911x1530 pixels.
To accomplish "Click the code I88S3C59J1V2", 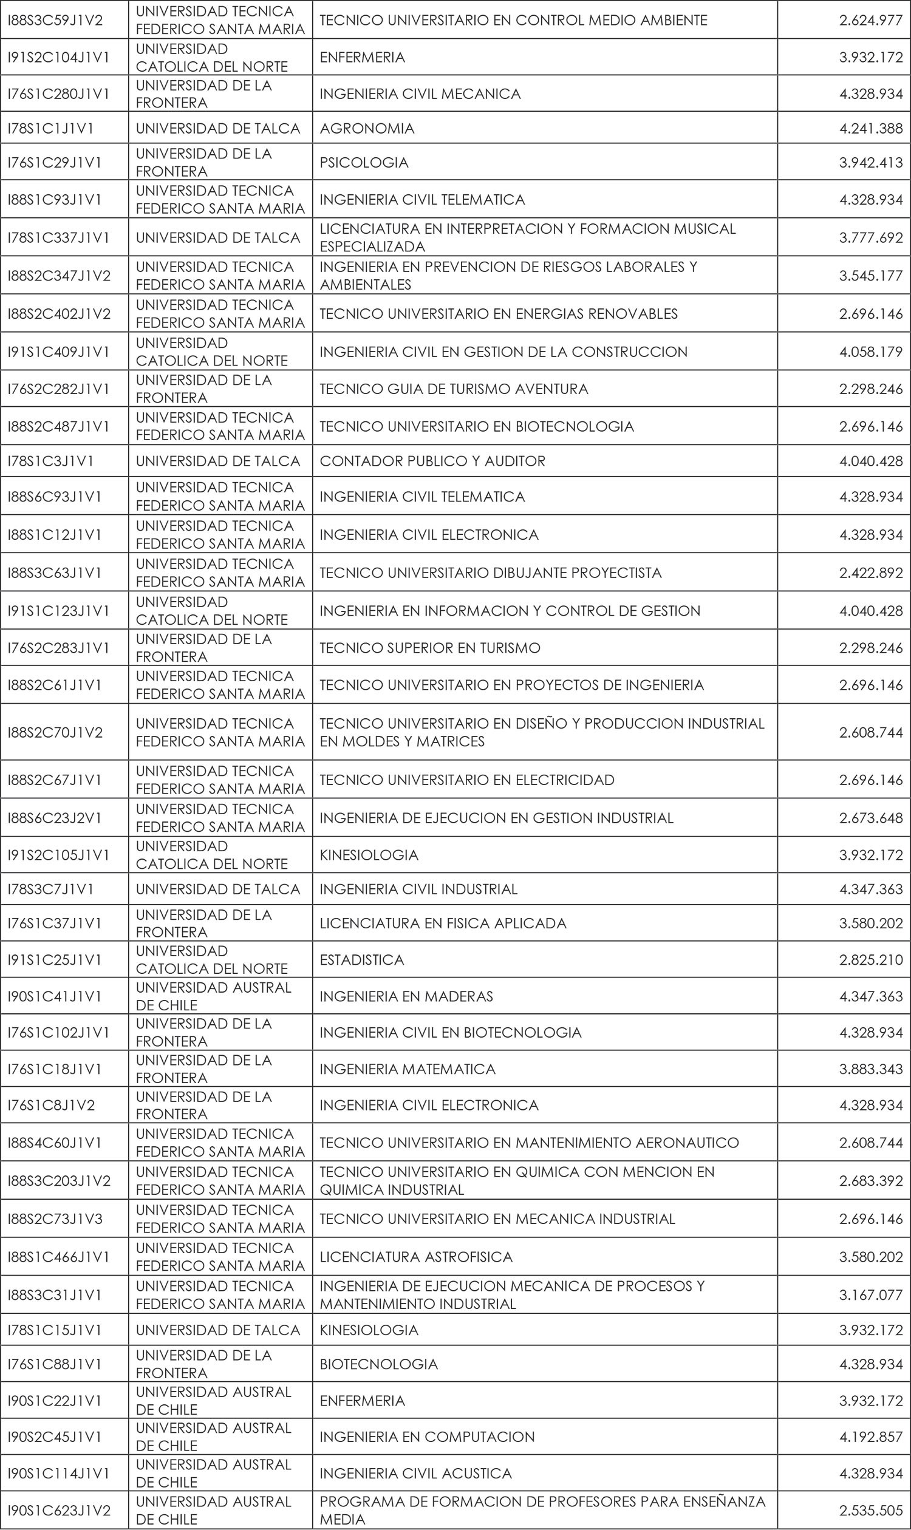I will coord(55,20).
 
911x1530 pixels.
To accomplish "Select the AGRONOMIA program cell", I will coord(366,128).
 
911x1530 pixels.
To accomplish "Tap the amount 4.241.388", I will coord(870,128).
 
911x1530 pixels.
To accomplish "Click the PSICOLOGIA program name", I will coord(363,163).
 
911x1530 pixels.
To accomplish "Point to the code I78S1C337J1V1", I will coord(59,237).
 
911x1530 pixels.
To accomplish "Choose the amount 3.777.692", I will coord(870,237).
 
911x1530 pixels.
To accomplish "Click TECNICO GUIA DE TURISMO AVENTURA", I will coord(454,389).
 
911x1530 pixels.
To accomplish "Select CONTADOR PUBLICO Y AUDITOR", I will coord(432,461).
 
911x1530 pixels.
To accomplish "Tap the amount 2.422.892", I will coord(870,573).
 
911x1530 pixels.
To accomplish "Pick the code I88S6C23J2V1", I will coord(55,817).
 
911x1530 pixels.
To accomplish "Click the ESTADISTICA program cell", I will coord(361,959).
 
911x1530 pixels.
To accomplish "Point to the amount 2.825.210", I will coord(870,959).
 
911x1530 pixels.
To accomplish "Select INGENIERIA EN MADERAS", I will coord(406,996).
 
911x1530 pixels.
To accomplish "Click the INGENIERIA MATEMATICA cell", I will coord(407,1069).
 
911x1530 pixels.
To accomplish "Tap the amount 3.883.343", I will coord(870,1069).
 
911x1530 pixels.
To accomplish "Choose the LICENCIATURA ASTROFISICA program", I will coord(415,1256).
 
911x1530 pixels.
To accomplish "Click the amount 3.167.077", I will coord(870,1294).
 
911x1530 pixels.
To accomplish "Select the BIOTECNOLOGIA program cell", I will coord(378,1364).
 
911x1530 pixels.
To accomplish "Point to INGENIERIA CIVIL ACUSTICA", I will coord(415,1473).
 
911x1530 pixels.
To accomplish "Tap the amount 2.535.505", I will coord(870,1511).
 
